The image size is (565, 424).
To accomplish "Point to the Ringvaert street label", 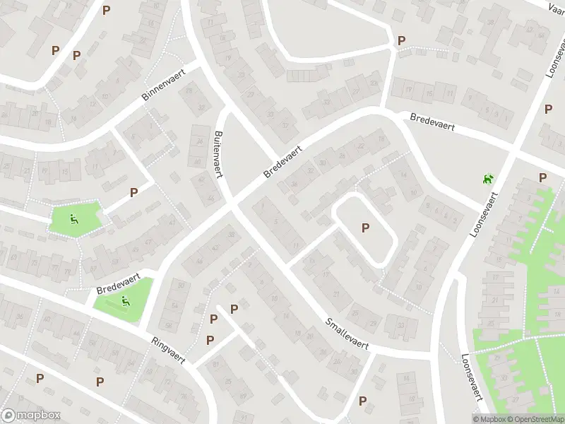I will click(168, 349).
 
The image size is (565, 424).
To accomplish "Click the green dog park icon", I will click(487, 180).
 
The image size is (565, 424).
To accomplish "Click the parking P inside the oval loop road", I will click(365, 228).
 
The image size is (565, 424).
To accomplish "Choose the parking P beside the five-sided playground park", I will click(133, 192).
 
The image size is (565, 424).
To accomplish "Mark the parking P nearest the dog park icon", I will click(542, 177).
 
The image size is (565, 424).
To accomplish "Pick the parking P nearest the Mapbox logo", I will click(40, 379).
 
